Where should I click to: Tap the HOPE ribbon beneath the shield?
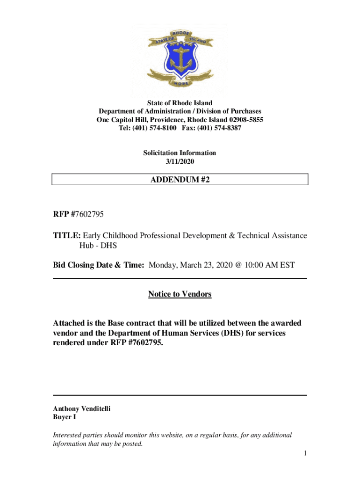[180, 83]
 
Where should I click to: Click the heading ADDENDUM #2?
[180, 179]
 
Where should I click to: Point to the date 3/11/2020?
[180, 161]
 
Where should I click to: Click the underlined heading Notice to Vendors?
[180, 294]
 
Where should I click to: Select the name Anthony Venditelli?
[82, 408]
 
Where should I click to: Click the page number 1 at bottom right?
[304, 453]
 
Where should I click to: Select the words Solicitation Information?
[180, 153]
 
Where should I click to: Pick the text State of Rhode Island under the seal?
[180, 103]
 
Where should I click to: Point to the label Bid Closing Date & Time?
[99, 265]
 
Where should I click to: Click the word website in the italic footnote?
[165, 435]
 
